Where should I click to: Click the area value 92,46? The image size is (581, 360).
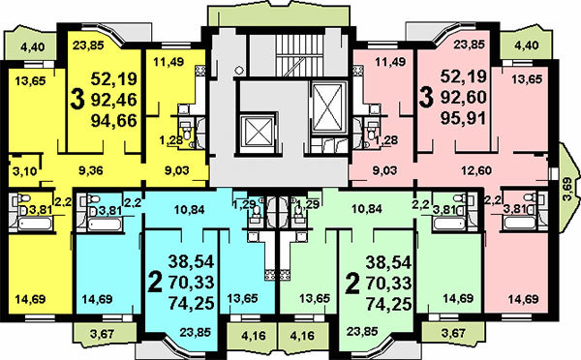(x=113, y=100)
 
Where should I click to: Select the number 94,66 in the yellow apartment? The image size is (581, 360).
(x=113, y=120)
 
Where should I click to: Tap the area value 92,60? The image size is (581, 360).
(x=464, y=98)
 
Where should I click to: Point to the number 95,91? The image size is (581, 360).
(x=464, y=118)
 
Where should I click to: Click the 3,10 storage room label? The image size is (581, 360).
(x=25, y=171)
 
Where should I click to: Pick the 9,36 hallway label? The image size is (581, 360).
(x=91, y=170)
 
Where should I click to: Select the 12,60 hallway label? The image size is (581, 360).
(x=476, y=170)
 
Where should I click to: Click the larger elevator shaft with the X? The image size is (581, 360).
(x=327, y=107)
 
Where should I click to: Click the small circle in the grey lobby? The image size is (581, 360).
(x=239, y=70)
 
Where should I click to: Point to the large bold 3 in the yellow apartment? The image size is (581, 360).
(x=77, y=100)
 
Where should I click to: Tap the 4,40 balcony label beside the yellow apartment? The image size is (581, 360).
(x=33, y=47)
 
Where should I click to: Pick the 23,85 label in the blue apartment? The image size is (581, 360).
(x=195, y=332)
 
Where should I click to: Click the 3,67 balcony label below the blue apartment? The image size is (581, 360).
(x=102, y=334)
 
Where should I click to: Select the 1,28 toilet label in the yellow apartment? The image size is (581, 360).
(x=170, y=140)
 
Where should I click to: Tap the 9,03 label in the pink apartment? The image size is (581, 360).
(x=384, y=170)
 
